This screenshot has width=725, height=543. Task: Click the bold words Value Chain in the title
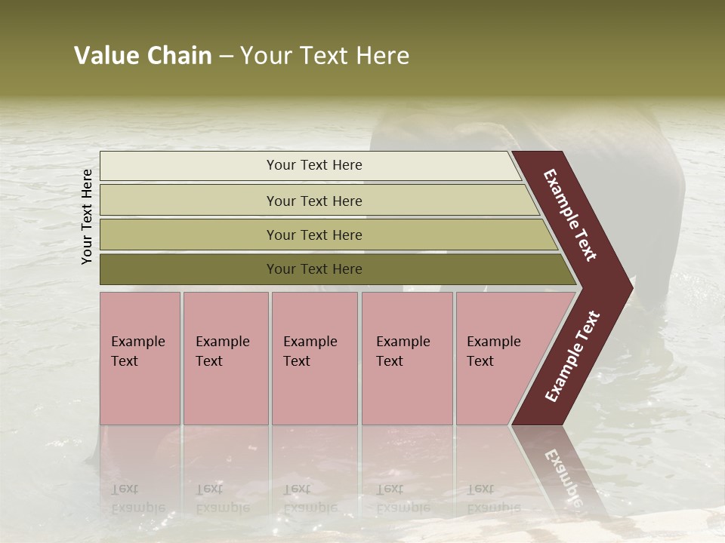click(x=143, y=56)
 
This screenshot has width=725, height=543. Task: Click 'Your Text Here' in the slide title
click(x=325, y=56)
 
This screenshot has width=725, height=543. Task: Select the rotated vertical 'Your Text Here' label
click(x=87, y=216)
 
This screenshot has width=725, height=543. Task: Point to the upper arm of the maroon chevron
click(x=571, y=214)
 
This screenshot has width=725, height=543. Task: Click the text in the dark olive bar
click(x=314, y=269)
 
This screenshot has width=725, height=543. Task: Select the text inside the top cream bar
click(x=314, y=165)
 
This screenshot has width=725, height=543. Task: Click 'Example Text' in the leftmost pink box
click(x=137, y=351)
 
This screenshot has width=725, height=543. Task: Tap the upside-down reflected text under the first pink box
click(x=137, y=498)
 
